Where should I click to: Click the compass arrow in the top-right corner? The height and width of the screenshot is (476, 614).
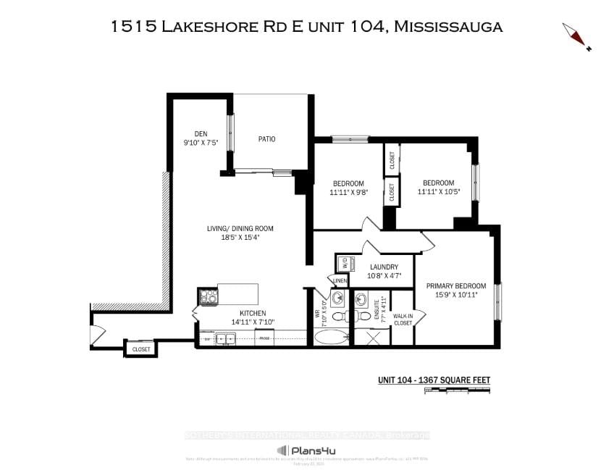[577, 36]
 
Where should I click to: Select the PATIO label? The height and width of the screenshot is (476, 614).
[267, 139]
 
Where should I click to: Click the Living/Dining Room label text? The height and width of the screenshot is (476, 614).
[241, 228]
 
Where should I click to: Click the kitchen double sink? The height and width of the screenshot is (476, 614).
[224, 338]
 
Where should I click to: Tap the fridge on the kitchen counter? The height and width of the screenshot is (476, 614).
[265, 338]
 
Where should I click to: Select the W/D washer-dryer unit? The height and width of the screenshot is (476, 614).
[344, 262]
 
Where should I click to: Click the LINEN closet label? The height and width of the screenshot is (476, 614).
[338, 280]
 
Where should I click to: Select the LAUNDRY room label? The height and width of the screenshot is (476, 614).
[383, 267]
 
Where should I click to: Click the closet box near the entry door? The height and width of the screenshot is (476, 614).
[140, 349]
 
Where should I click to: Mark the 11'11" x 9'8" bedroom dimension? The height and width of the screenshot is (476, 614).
[348, 193]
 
